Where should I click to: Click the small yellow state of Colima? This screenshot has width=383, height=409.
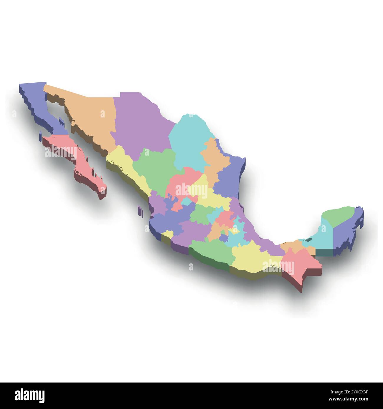click(168, 235)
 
